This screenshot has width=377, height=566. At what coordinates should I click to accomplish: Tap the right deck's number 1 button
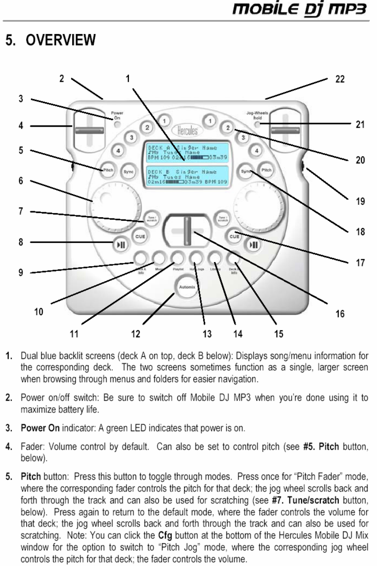[x=210, y=121]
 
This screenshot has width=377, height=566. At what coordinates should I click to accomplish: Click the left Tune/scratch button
[x=150, y=218]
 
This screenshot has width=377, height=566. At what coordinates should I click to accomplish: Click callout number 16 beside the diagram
[x=338, y=313]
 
